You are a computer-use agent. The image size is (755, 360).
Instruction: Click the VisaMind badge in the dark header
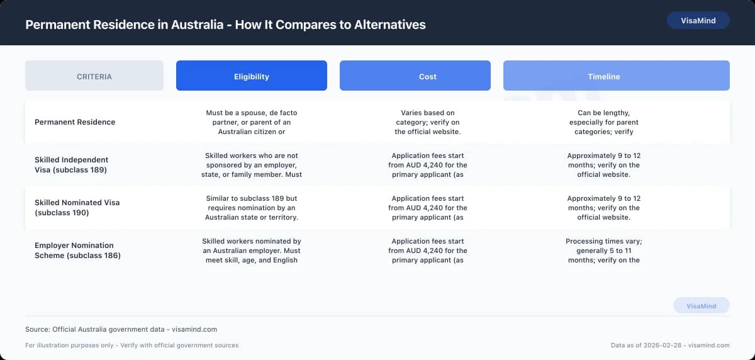(698, 20)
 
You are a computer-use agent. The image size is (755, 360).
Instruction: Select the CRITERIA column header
(94, 76)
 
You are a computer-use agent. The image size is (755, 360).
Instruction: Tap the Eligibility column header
(252, 76)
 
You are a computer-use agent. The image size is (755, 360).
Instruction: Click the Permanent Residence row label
(75, 122)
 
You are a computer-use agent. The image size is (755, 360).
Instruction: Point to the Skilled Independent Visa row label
(72, 165)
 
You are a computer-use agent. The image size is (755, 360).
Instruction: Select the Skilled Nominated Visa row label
(77, 208)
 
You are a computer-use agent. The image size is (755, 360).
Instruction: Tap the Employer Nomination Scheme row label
(77, 250)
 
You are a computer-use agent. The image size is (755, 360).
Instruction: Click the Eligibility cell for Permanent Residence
(252, 122)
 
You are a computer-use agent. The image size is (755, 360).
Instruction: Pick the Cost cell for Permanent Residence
(428, 122)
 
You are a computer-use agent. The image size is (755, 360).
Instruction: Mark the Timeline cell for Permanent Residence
(604, 122)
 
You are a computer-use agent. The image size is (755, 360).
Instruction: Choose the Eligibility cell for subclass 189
(252, 165)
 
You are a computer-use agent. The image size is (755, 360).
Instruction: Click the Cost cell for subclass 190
(428, 208)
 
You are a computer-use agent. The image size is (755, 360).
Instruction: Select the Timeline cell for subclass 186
(604, 250)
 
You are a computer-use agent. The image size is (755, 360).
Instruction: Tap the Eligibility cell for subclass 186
(252, 250)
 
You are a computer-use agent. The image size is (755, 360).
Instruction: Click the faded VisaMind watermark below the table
(701, 306)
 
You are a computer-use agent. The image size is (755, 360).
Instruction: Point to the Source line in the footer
(121, 329)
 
